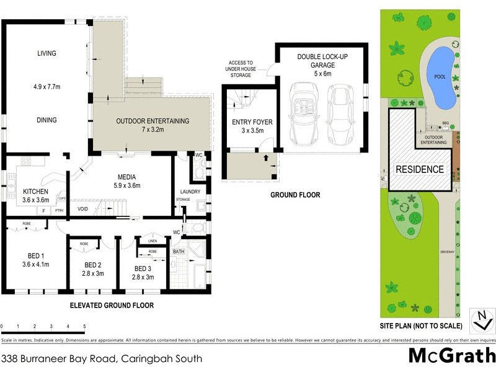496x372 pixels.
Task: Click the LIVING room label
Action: (x=46, y=54)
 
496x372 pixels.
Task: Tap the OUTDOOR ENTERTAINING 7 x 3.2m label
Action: (x=152, y=121)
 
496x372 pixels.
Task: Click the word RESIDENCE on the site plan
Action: (x=420, y=169)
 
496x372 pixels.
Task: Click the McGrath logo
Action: (x=451, y=356)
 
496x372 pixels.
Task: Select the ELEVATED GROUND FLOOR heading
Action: (x=112, y=306)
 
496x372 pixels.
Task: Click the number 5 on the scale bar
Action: (x=84, y=326)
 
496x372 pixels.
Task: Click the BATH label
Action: (x=179, y=252)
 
